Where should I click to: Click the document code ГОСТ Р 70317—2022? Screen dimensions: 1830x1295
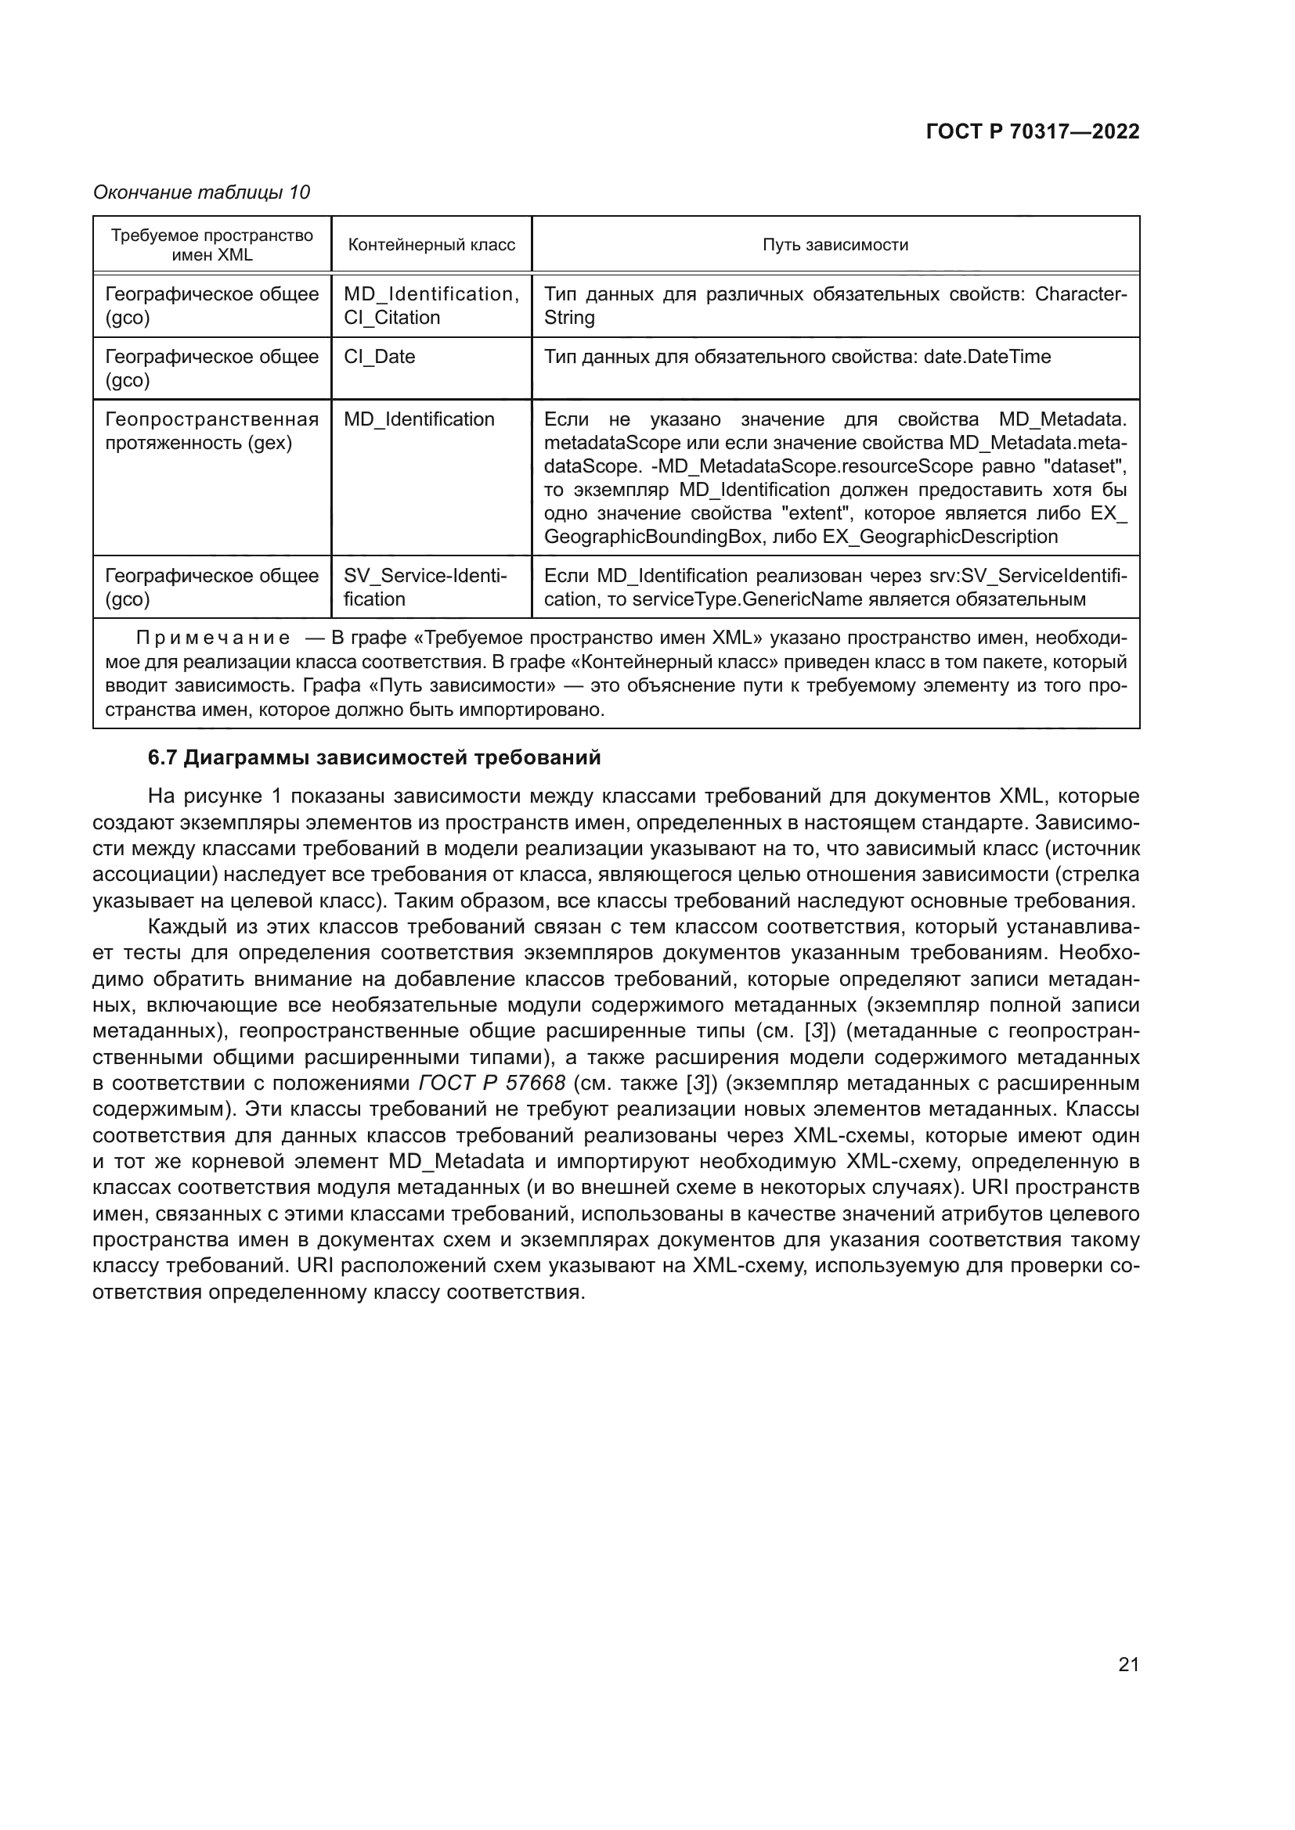[x=1033, y=132]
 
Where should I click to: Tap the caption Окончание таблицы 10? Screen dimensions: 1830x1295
[x=201, y=192]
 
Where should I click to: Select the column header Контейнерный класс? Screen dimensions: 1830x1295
[x=431, y=245]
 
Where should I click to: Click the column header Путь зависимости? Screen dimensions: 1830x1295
[x=835, y=245]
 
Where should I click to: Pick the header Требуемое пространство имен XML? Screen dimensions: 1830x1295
[x=212, y=245]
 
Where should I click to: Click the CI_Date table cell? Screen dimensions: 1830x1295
[x=380, y=356]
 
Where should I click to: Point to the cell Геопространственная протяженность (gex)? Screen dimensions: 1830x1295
[x=211, y=430]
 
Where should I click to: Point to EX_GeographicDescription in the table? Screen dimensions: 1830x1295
[x=940, y=537]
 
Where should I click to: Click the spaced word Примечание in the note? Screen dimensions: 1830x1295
[x=213, y=638]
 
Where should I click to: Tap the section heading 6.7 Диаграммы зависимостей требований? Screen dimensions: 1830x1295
[x=374, y=757]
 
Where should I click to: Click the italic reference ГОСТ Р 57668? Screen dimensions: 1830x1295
[x=492, y=1083]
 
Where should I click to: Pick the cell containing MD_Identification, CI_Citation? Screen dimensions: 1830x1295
[x=431, y=305]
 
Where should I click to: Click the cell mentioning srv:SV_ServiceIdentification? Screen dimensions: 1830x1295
[x=835, y=587]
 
